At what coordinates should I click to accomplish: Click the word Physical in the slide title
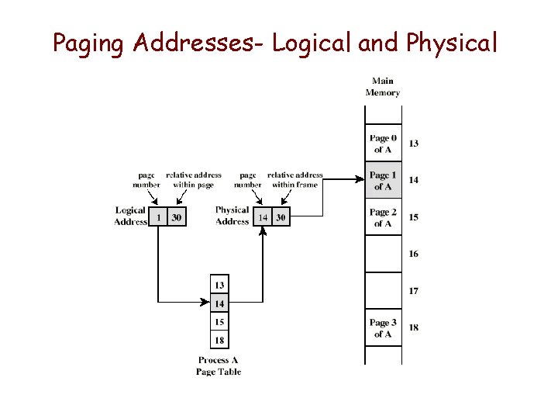[x=446, y=43]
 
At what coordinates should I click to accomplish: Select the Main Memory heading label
[x=383, y=87]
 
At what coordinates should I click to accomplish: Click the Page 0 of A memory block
[x=383, y=144]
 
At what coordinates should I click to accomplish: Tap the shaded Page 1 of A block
[x=383, y=181]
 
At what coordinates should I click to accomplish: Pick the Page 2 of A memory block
[x=383, y=217]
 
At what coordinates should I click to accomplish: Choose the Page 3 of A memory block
[x=383, y=328]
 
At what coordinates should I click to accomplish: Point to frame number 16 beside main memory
[x=414, y=254]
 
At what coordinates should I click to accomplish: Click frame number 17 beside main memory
[x=414, y=291]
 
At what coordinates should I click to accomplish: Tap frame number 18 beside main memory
[x=414, y=327]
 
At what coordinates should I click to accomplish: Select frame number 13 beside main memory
[x=414, y=144]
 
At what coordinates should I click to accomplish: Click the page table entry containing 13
[x=220, y=286]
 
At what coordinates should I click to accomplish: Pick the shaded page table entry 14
[x=220, y=303]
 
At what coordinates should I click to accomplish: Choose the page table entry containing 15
[x=220, y=322]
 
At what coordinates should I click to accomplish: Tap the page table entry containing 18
[x=220, y=340]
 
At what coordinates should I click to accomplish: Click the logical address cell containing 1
[x=159, y=218]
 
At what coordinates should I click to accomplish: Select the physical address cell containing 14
[x=263, y=218]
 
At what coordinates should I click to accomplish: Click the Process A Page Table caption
[x=219, y=366]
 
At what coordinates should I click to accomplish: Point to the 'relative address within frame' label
[x=295, y=180]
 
